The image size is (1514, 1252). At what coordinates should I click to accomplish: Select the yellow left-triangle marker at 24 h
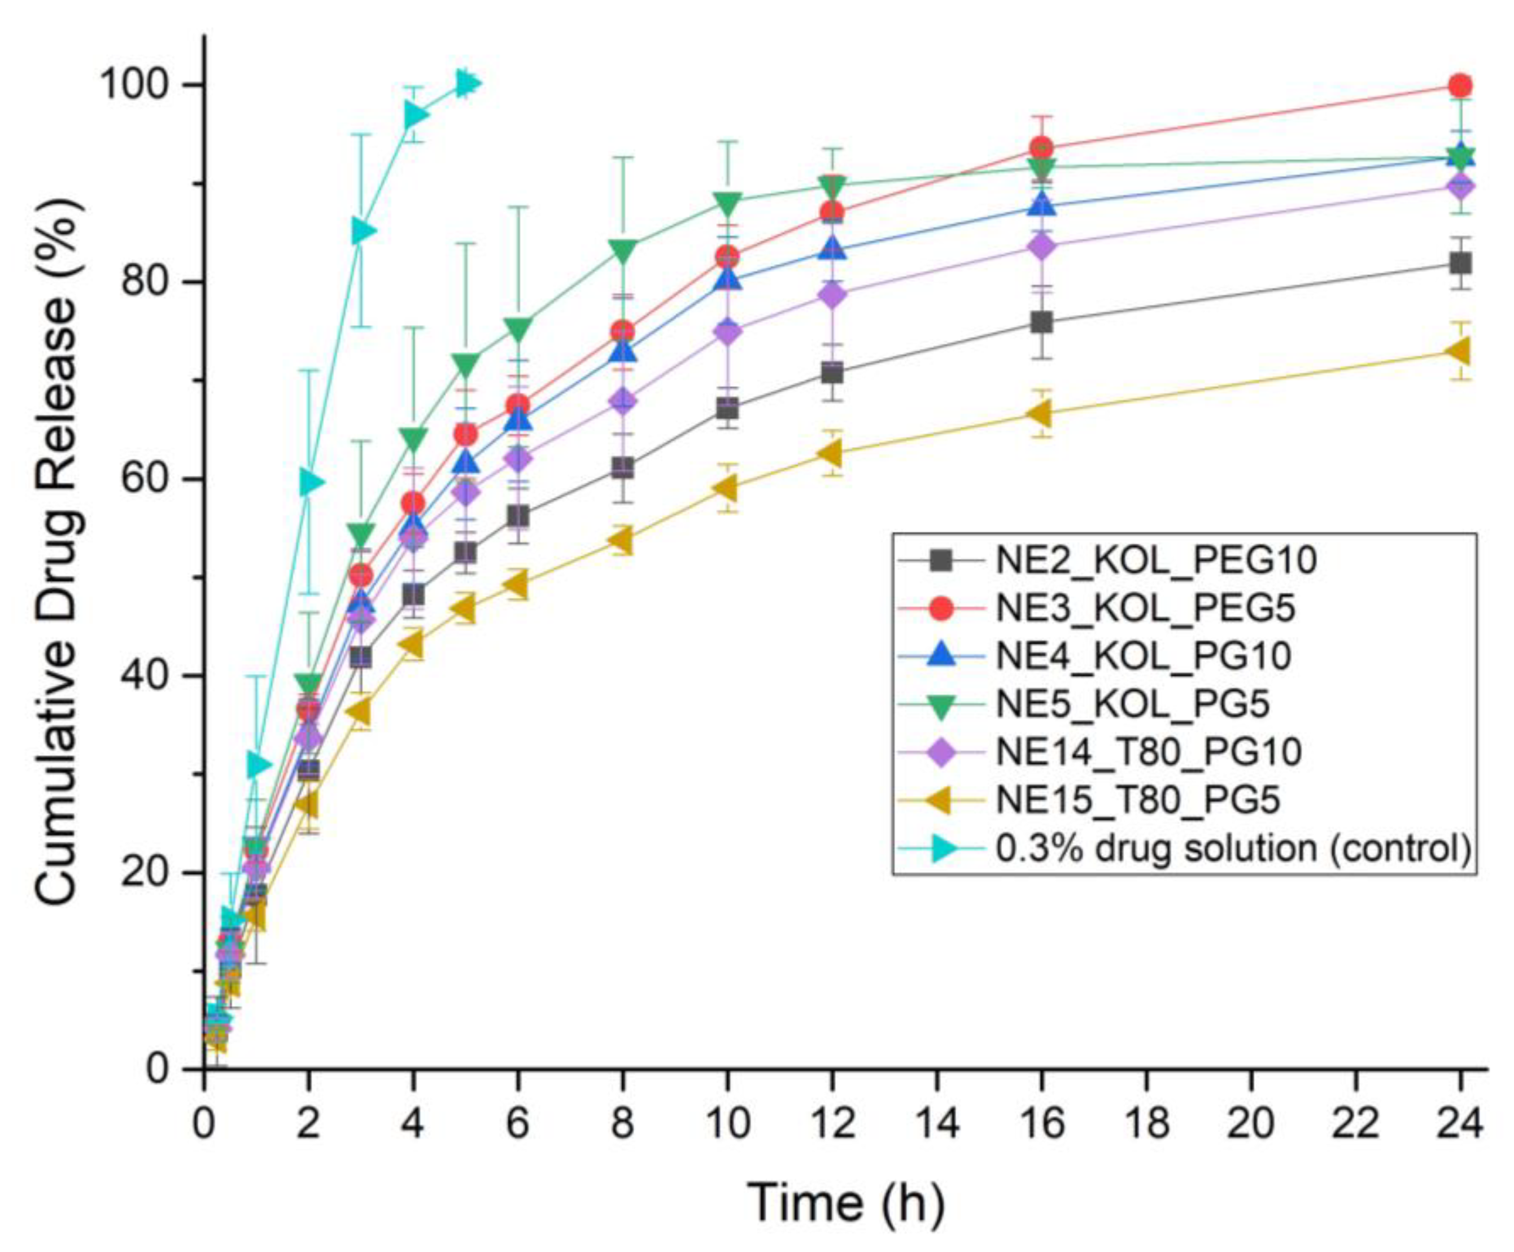tap(1459, 352)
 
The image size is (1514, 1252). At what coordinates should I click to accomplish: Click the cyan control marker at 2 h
tap(310, 481)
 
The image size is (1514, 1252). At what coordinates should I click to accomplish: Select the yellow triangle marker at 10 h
tap(726, 489)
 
